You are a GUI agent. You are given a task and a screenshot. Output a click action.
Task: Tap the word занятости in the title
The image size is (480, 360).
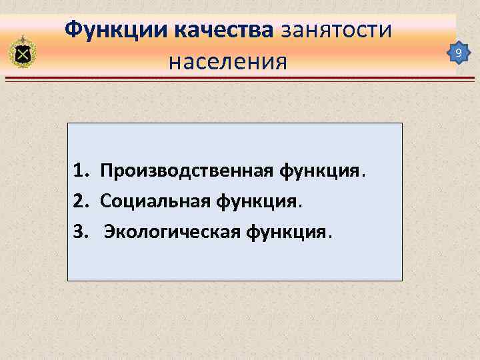pyautogui.click(x=339, y=30)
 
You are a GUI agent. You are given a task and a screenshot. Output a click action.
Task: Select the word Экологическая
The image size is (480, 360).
pyautogui.click(x=173, y=233)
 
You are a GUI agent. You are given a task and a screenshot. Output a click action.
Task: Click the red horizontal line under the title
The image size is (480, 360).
pyautogui.click(x=240, y=79)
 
